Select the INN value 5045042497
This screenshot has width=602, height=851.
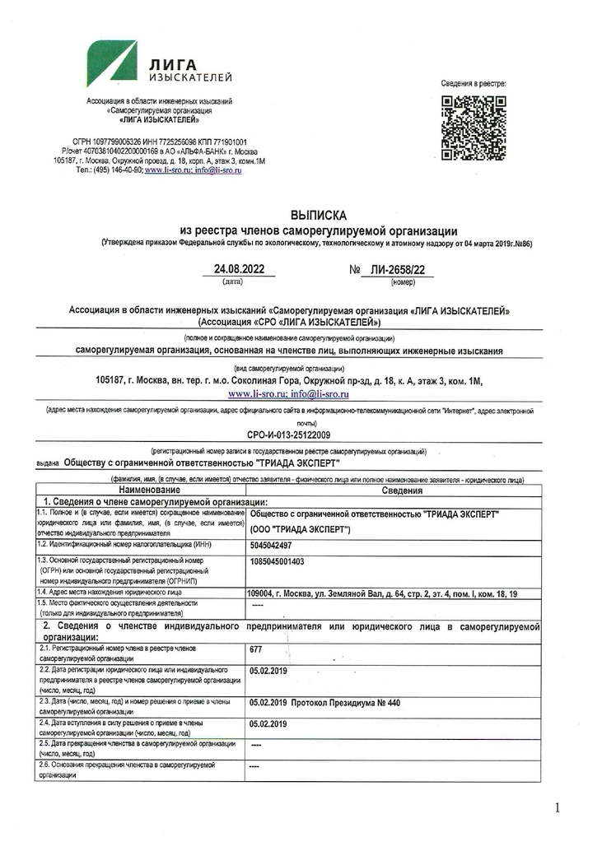coord(270,545)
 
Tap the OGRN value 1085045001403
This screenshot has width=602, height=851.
coord(277,561)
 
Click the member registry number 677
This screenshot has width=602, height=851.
coord(255,650)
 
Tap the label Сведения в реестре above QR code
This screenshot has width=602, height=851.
coord(474,84)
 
